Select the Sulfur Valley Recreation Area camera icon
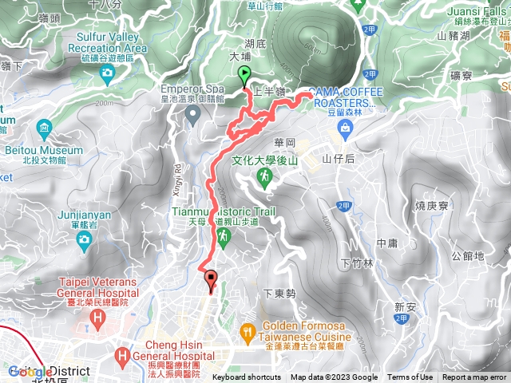click(x=107, y=74)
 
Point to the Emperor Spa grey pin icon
click(x=192, y=117)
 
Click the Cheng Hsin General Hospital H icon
click(x=122, y=354)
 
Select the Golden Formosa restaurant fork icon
click(x=249, y=331)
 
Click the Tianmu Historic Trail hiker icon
click(x=224, y=235)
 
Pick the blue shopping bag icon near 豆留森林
click(x=344, y=127)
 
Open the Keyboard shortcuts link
click(x=247, y=377)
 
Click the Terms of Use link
click(x=410, y=377)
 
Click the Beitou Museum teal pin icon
click(x=43, y=128)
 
